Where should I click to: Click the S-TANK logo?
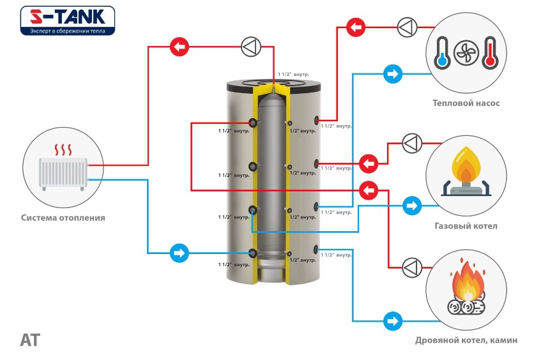click(x=67, y=20)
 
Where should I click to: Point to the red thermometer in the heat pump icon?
click(x=490, y=53)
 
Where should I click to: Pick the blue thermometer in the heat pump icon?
click(x=442, y=53)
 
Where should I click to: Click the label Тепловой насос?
click(x=466, y=103)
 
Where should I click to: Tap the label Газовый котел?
click(x=465, y=226)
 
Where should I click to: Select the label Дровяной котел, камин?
click(x=466, y=340)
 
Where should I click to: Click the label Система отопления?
click(x=63, y=218)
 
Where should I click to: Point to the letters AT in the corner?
click(x=30, y=340)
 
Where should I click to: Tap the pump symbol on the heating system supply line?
click(x=249, y=46)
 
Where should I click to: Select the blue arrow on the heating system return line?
click(x=179, y=253)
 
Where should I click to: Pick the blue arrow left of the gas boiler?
click(x=412, y=206)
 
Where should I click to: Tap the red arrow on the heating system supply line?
click(x=179, y=46)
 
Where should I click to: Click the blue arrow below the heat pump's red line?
click(x=392, y=74)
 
